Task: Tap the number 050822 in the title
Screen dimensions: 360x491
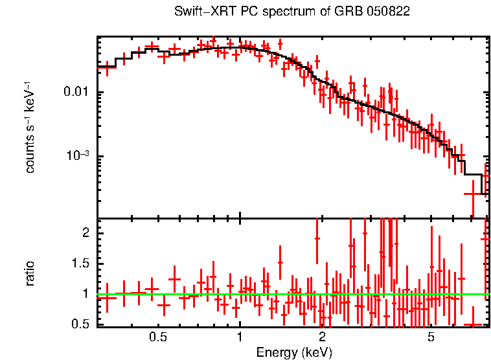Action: [388, 12]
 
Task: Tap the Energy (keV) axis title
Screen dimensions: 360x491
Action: [294, 352]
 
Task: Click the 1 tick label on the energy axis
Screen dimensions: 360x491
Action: [240, 337]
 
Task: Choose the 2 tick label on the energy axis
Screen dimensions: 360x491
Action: [322, 337]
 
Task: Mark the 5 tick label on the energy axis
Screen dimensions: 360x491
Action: [430, 337]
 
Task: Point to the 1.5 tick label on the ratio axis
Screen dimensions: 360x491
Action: [83, 263]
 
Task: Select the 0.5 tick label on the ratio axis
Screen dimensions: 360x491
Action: [83, 323]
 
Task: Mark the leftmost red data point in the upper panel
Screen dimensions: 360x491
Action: [107, 67]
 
